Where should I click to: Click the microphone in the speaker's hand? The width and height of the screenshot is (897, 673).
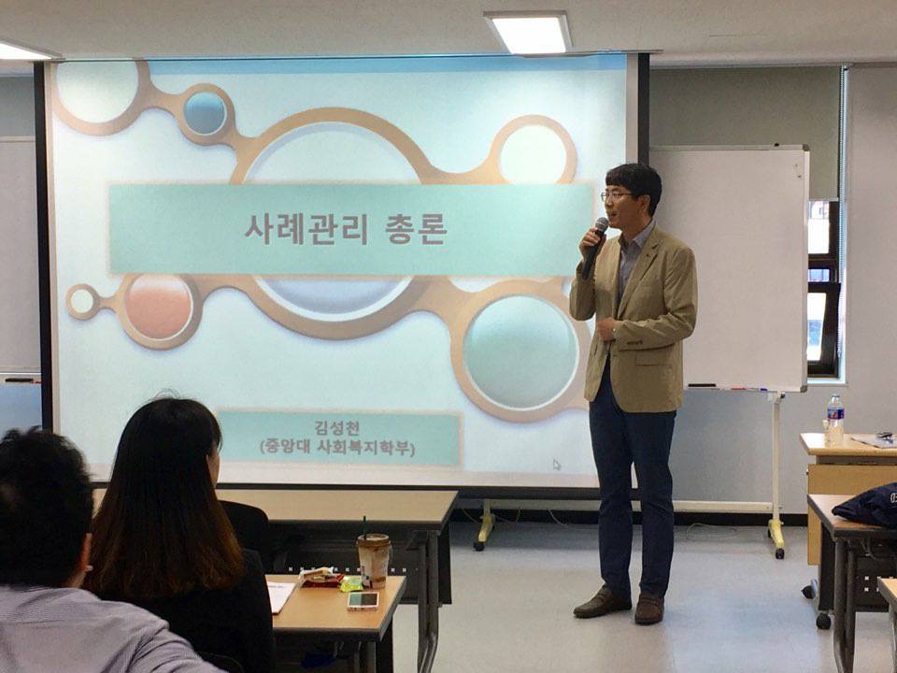pos(593,247)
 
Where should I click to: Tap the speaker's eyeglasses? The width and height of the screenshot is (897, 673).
pos(616,195)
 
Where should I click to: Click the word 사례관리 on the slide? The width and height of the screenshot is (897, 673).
pos(306,230)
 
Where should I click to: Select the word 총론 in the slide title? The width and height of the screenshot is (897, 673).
pos(415,230)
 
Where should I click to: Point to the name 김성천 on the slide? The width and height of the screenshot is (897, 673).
pos(337,428)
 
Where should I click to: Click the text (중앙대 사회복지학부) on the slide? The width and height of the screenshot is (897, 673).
pos(337,447)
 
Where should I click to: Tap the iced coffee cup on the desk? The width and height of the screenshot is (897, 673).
pos(374,560)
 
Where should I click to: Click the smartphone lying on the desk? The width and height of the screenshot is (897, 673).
pos(363,600)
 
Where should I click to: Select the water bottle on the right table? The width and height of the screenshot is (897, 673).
pos(835,421)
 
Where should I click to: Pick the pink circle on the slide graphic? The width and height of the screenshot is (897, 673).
pos(159,308)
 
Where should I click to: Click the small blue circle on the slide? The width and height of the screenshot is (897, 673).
pos(205,113)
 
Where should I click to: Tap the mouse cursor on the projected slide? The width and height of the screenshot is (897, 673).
pos(557,465)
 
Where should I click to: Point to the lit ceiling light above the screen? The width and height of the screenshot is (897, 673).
pos(529,33)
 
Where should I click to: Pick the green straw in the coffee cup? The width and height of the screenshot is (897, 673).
pos(363,525)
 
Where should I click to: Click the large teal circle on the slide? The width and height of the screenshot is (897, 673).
pos(520,351)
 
